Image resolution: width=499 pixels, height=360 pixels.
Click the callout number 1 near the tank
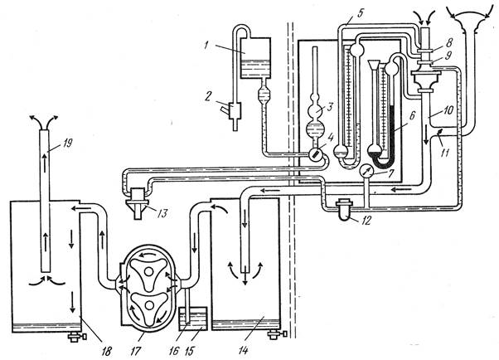pos(207,46)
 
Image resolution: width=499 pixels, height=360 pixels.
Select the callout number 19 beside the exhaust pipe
pos(67,143)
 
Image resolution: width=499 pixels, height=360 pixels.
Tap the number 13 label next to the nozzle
pos(162,213)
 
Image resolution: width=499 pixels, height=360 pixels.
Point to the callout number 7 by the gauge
pos(391,173)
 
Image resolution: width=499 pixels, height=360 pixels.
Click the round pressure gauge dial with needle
pos(366,172)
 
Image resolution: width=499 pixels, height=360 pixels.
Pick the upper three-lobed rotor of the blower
pos(148,273)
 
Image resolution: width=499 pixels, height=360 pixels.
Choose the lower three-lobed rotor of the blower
pos(148,307)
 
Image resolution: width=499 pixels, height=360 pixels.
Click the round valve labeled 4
pos(316,155)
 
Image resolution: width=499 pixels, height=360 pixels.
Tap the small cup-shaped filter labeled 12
pos(345,210)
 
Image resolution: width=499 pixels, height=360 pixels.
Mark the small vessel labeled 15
pos(193,319)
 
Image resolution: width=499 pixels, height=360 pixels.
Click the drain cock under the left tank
pos(77,337)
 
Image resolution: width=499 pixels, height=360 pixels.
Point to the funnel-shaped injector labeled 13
pos(138,203)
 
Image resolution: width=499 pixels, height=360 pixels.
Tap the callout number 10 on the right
pos(448,111)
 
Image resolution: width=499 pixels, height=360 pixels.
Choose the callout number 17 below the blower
pos(135,351)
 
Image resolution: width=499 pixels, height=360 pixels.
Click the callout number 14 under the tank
pos(243,350)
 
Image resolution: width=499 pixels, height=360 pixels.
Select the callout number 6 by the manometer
pos(412,115)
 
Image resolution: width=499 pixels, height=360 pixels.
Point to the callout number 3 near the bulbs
pos(330,106)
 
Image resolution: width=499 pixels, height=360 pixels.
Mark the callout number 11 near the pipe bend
pos(444,153)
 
